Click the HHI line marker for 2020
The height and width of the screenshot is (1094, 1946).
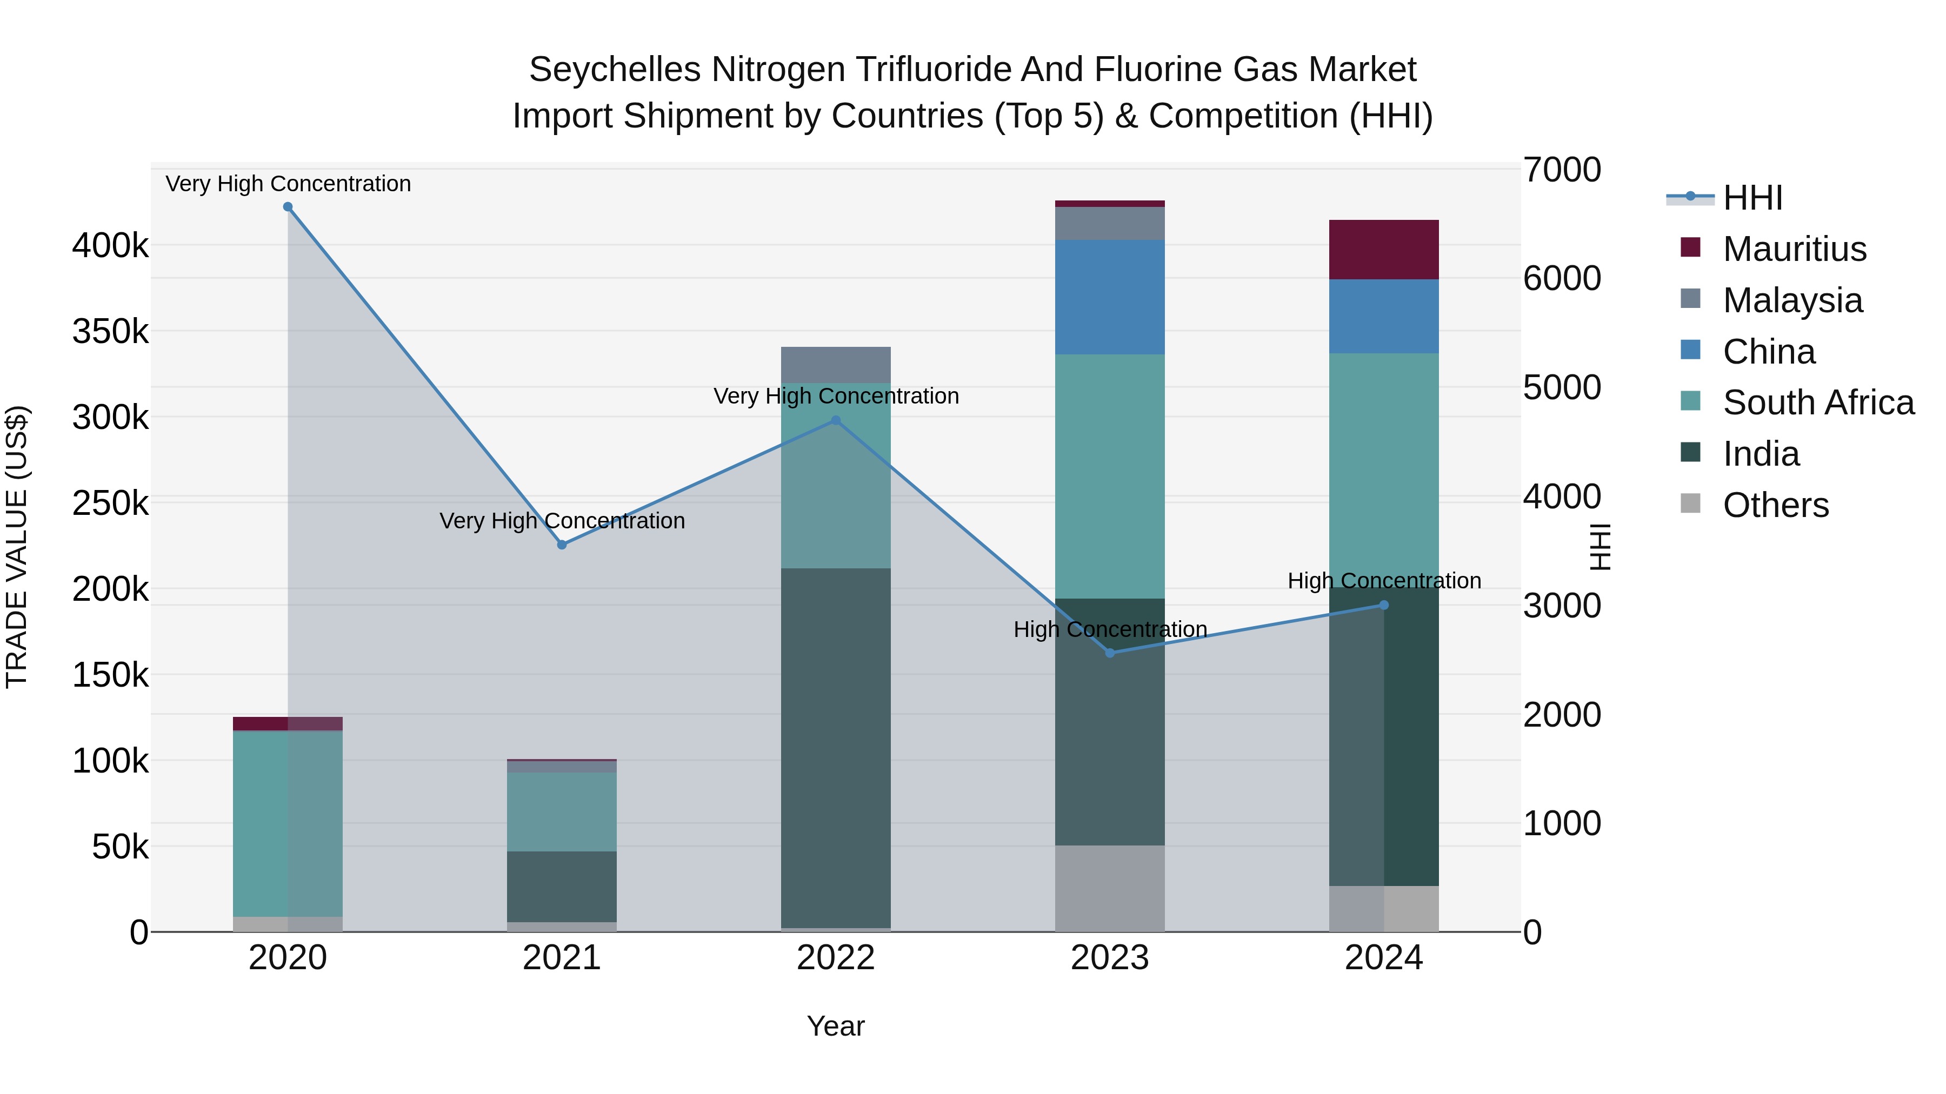click(288, 207)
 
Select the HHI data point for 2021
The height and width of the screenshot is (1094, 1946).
click(562, 545)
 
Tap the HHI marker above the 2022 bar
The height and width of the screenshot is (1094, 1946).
click(836, 420)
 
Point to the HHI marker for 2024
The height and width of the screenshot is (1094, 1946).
click(1384, 605)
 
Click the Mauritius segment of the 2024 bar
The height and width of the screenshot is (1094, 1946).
click(1384, 250)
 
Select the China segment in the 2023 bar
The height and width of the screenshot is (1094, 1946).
click(1110, 297)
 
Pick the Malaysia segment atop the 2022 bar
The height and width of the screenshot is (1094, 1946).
click(836, 365)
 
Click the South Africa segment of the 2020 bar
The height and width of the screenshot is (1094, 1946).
click(288, 823)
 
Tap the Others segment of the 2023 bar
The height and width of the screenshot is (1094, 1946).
click(1110, 889)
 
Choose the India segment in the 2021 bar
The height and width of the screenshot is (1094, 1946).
click(562, 887)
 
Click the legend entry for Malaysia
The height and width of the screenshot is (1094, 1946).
click(1792, 300)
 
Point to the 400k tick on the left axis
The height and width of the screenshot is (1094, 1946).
click(110, 245)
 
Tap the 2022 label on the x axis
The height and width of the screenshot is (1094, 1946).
click(836, 958)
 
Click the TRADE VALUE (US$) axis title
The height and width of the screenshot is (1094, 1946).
click(17, 547)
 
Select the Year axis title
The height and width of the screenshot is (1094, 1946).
click(836, 1026)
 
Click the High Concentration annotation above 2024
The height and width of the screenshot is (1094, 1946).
click(1384, 581)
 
